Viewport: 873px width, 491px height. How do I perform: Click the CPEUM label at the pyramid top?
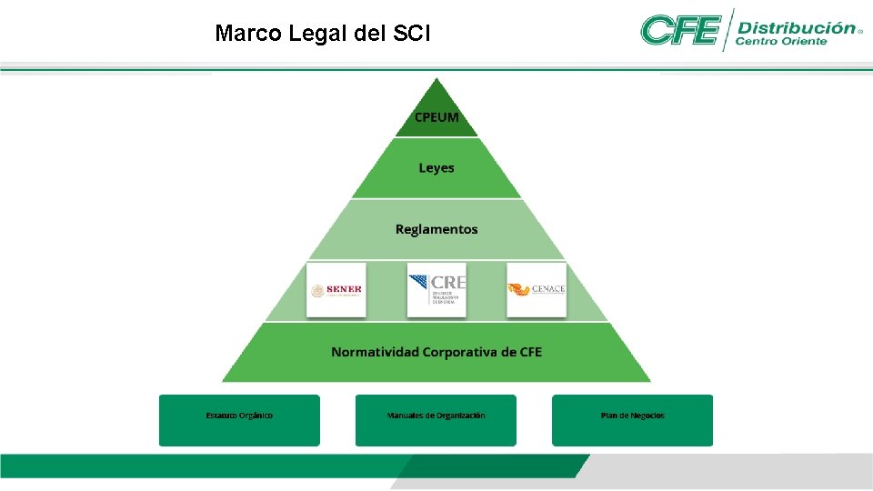tap(436, 117)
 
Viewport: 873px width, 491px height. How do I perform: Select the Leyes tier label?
tap(436, 168)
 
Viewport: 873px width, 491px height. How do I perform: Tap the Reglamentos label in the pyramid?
tap(436, 229)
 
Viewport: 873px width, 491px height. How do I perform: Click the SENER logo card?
tap(336, 290)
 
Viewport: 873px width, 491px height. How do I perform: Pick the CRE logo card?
tap(436, 290)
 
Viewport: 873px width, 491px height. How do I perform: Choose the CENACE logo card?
tap(537, 290)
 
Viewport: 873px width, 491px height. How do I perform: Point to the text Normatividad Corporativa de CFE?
tap(436, 352)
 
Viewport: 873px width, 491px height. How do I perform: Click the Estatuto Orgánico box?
tap(239, 419)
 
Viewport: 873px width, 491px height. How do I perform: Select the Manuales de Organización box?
tap(436, 419)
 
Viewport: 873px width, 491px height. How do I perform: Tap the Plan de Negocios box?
tap(632, 419)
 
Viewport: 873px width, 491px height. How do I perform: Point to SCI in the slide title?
tap(413, 35)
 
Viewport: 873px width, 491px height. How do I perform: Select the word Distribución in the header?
tap(797, 27)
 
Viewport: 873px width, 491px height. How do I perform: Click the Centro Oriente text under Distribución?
tap(780, 41)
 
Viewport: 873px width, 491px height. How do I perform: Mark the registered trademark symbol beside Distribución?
tap(859, 30)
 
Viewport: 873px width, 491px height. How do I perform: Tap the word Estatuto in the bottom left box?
tap(223, 416)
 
